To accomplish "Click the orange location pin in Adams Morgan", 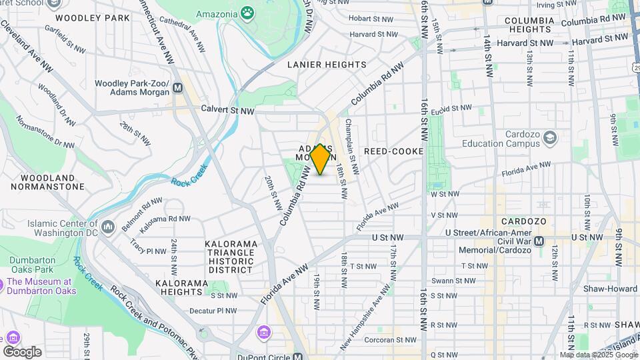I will [x=320, y=159].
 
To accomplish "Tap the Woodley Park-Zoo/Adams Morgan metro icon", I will [x=177, y=87].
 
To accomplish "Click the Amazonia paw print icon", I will [x=247, y=13].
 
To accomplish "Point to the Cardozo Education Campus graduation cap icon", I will [x=550, y=138].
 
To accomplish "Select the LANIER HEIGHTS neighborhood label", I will [x=327, y=65].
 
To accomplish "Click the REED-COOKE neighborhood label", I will [x=393, y=151].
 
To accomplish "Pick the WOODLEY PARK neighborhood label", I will [x=93, y=18].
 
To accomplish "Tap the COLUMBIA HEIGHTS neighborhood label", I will [x=529, y=25].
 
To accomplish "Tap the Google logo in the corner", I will [x=22, y=351].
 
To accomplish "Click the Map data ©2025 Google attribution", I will [x=599, y=355].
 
